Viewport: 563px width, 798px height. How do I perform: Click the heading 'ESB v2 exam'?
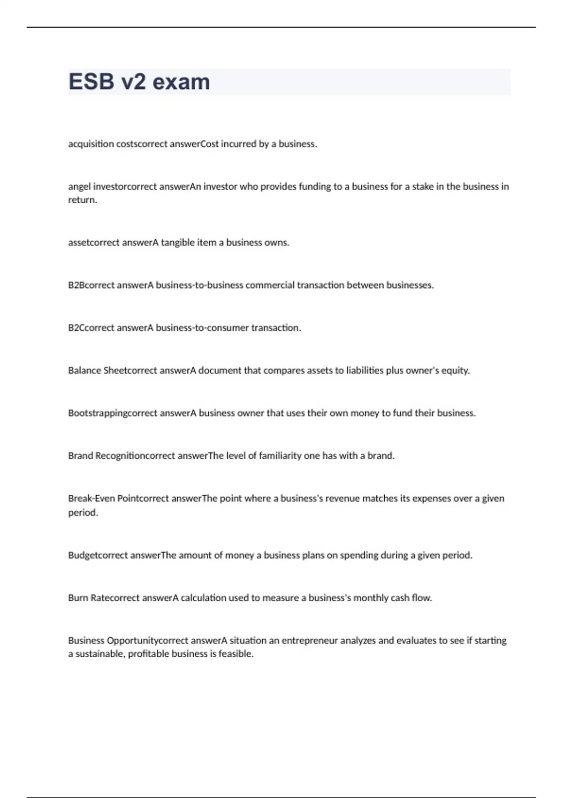[x=139, y=82]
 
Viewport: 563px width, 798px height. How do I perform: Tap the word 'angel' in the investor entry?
[x=79, y=187]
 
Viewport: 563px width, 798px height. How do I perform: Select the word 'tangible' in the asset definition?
[x=178, y=243]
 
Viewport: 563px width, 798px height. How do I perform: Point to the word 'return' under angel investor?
[x=82, y=200]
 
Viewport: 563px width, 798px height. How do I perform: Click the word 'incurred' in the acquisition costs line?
[x=238, y=144]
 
